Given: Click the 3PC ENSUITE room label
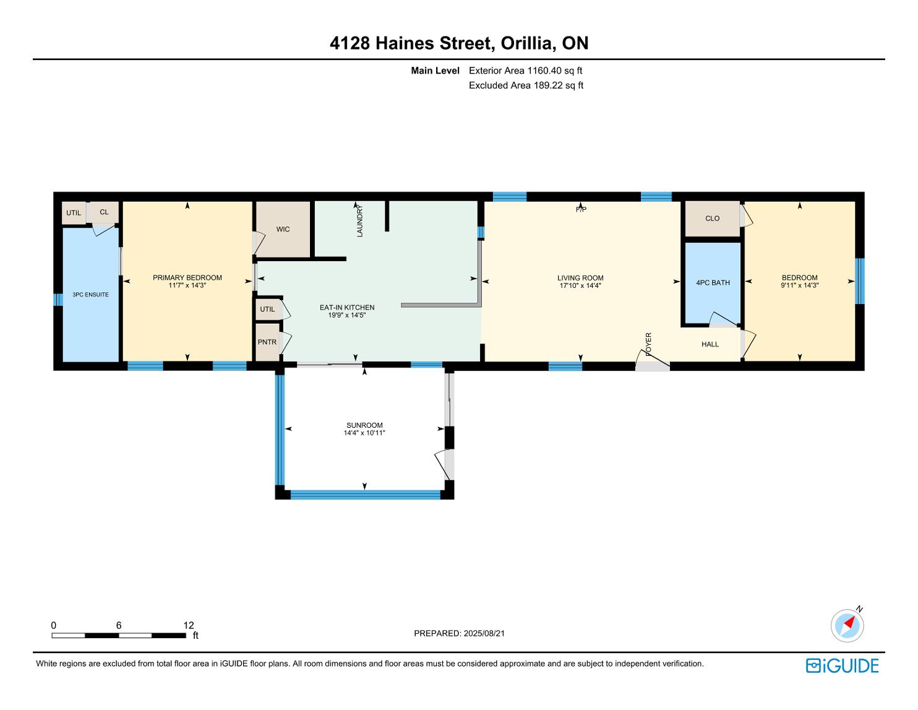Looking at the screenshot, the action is tap(90, 295).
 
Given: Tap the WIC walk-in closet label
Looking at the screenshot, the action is tap(283, 229).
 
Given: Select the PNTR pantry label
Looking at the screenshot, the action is tap(267, 342).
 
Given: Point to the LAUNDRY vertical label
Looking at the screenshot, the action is tap(359, 220).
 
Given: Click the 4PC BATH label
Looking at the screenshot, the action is tap(713, 283).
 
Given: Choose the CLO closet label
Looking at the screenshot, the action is tap(712, 219).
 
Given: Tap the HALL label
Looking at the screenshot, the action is tap(710, 344).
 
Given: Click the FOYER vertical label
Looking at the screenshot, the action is tap(648, 343).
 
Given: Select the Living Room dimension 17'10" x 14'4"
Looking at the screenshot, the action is tap(580, 286).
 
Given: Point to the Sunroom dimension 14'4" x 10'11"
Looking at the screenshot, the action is tap(364, 433).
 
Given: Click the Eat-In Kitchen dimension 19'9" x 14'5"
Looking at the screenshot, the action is tap(346, 315).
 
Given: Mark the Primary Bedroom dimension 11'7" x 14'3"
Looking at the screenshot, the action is tap(187, 285).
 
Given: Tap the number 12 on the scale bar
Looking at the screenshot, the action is tap(189, 625).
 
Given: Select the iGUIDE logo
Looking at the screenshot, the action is tap(843, 665).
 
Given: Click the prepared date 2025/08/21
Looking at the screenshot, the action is tap(484, 633).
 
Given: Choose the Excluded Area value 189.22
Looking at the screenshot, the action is tap(548, 85).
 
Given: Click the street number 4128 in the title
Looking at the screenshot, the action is tap(350, 43).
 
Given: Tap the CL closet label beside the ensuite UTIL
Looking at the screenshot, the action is tap(104, 212).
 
